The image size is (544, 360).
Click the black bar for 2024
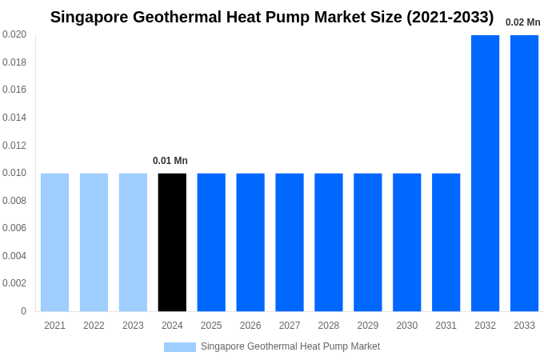[172, 242]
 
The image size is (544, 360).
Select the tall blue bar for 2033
[524, 173]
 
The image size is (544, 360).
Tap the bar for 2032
[485, 173]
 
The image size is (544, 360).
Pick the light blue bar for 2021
[54, 242]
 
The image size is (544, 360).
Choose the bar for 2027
[290, 242]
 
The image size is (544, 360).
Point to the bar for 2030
[406, 242]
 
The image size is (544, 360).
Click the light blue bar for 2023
[133, 242]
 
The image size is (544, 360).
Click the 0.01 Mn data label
[170, 161]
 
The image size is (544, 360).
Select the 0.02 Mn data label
[522, 22]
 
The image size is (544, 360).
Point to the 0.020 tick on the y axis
[14, 34]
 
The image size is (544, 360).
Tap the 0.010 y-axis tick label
[14, 173]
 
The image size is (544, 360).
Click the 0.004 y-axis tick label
[14, 256]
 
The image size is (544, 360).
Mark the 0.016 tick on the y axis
[14, 90]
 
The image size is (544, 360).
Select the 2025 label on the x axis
[211, 326]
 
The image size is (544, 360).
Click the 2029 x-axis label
[368, 326]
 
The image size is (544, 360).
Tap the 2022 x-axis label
[94, 326]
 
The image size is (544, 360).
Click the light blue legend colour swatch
[180, 347]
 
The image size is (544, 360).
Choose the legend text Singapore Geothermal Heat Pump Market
[290, 346]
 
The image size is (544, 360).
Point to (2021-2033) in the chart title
[450, 17]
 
